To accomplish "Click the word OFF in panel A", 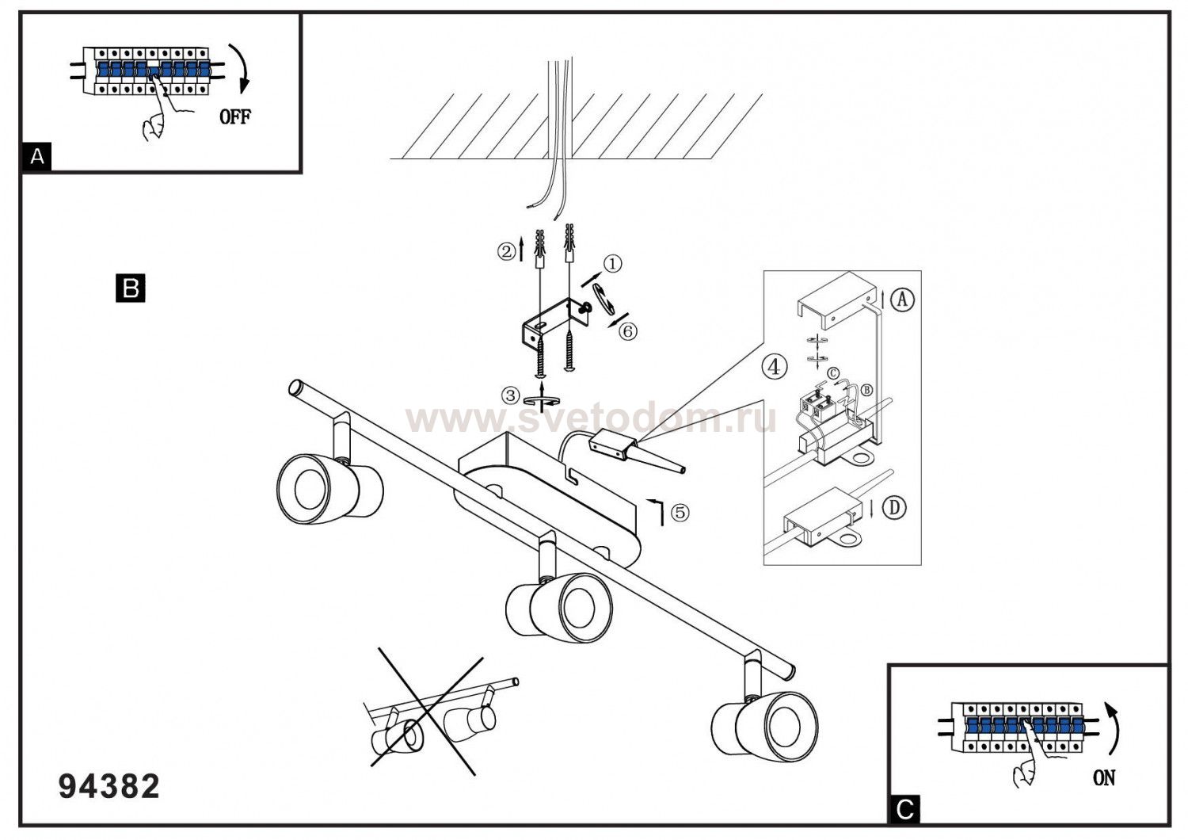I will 234,116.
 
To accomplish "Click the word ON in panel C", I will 1103,777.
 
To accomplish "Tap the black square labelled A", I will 36,157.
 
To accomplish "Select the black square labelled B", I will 131,287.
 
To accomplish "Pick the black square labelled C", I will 904,809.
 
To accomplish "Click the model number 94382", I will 109,787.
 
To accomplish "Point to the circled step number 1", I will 614,263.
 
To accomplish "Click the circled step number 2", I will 506,251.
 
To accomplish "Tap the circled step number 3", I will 511,395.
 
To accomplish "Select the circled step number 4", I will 775,367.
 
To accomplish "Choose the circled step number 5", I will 679,513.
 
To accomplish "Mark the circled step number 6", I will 627,331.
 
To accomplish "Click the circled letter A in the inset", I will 902,300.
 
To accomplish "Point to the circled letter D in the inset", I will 894,507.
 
